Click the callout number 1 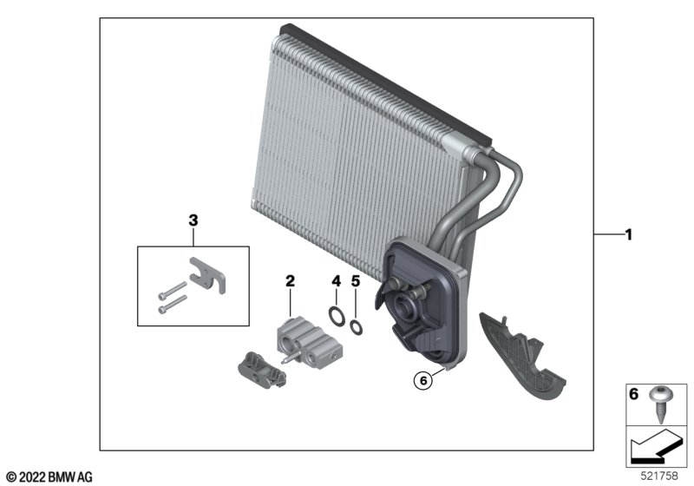[628, 234]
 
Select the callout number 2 [290, 280]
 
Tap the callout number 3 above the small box [193, 220]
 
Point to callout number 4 [337, 280]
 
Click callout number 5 [356, 280]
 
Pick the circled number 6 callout [423, 381]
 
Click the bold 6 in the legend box [634, 393]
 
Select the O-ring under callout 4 [337, 316]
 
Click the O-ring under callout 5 [356, 327]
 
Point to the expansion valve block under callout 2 [310, 342]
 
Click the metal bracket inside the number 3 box [207, 276]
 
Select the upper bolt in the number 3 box [173, 290]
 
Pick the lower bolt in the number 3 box [173, 304]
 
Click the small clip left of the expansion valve [262, 371]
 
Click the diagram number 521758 [659, 476]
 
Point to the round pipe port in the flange [404, 307]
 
